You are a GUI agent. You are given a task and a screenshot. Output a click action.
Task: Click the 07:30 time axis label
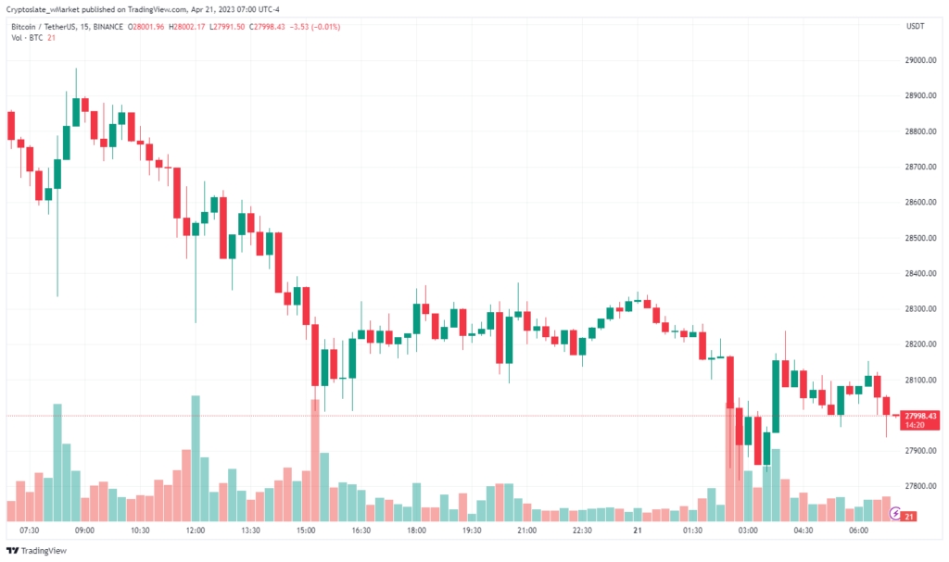(x=29, y=531)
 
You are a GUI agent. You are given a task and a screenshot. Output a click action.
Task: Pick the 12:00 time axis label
(x=195, y=531)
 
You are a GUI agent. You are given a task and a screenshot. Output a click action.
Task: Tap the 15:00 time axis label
(x=306, y=531)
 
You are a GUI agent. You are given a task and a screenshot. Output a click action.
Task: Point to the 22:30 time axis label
(x=582, y=531)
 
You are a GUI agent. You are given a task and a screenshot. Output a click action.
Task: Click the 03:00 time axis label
(x=748, y=531)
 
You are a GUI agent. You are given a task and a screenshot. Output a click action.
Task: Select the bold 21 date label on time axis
(x=638, y=531)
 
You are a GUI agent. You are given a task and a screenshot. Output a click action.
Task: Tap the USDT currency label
(x=914, y=26)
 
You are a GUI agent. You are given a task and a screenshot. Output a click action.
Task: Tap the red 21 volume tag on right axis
(x=909, y=516)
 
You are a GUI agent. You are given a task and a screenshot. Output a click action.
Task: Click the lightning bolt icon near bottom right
(x=896, y=511)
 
